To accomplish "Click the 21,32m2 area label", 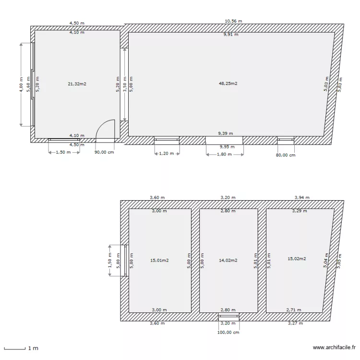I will tap(77, 84).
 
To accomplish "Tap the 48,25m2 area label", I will tap(228, 84).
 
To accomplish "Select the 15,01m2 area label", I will tap(159, 261).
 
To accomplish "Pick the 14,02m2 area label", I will tap(228, 261).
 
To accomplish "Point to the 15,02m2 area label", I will tap(297, 259).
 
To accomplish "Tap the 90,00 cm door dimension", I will tap(103, 152).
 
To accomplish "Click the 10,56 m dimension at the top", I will tap(233, 22).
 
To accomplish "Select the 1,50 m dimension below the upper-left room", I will tap(60, 152).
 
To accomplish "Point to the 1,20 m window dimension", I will tap(167, 155).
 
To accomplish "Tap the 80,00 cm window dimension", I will tap(286, 155).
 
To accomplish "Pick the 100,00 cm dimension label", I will tap(228, 332).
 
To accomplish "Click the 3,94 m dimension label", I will tap(301, 197).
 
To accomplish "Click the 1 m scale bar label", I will tap(33, 348).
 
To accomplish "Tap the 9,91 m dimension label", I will tap(231, 35).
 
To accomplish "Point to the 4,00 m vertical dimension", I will tap(21, 84).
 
